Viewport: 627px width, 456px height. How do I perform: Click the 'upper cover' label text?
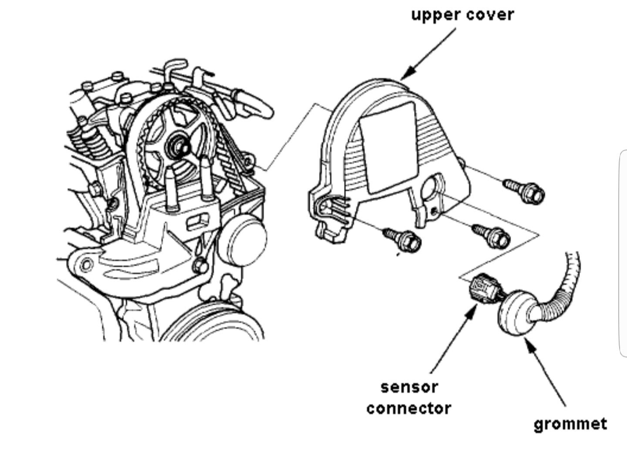click(x=462, y=15)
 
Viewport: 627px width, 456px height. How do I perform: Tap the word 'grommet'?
click(x=570, y=423)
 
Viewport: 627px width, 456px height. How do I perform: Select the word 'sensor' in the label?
click(x=409, y=387)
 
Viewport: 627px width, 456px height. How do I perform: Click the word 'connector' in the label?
click(x=408, y=408)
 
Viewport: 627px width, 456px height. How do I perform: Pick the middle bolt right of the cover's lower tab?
click(x=492, y=234)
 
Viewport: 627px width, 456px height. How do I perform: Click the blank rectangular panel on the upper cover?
click(x=388, y=147)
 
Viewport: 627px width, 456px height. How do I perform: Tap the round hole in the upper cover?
click(x=433, y=187)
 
